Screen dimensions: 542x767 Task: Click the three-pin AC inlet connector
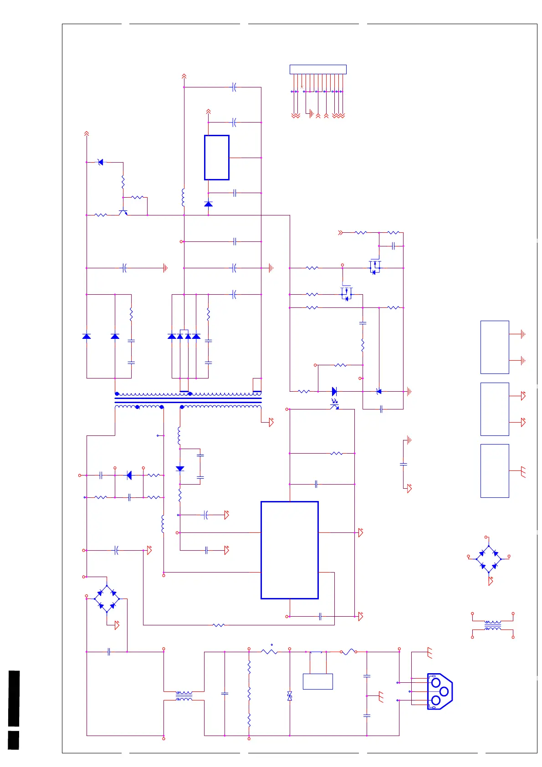440,691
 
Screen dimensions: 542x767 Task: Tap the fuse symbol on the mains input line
348,652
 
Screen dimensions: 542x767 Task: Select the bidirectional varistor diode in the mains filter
290,695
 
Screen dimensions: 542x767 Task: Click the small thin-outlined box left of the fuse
317,681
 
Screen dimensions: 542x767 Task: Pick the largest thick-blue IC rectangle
289,550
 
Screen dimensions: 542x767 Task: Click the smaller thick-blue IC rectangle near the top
216,158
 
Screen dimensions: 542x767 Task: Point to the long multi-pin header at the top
318,70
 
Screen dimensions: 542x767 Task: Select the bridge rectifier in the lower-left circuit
107,599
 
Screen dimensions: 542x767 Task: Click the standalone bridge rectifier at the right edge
489,559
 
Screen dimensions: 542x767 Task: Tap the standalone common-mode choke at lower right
492,625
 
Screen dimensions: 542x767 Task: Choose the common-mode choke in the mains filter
184,695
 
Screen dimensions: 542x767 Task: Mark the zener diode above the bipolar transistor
101,162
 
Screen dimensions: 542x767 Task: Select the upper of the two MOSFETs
374,267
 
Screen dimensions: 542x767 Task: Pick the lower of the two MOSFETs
346,294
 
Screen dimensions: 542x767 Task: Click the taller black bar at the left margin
14,698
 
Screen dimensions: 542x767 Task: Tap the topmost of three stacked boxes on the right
495,347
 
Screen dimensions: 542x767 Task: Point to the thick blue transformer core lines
188,400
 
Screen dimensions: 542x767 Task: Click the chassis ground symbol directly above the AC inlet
429,653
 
